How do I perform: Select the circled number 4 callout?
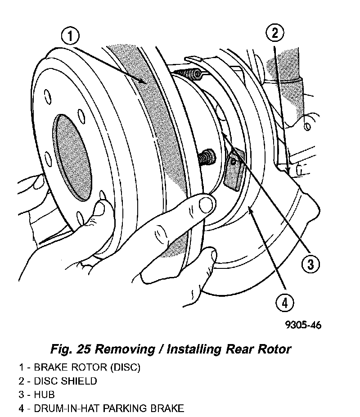[285, 303]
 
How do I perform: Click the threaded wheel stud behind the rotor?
[207, 158]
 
